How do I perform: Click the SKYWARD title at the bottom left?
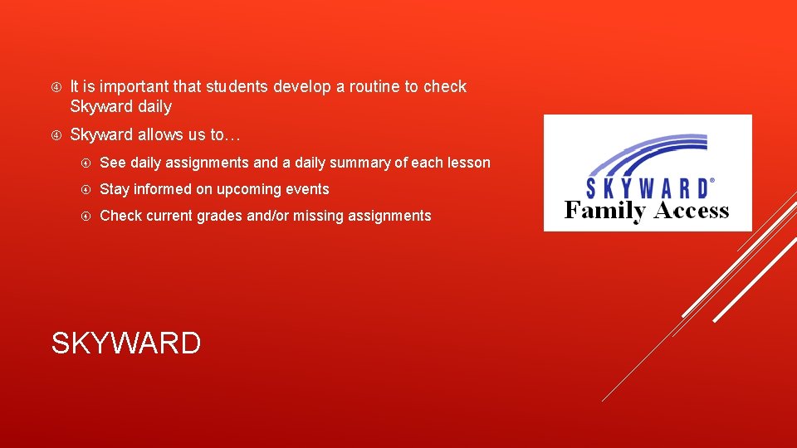tap(126, 343)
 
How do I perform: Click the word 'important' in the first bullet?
tap(138, 86)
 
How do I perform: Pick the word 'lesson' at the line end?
tap(467, 163)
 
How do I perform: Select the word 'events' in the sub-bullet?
tap(306, 189)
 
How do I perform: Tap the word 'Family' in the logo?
tap(604, 212)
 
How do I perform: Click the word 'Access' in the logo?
tap(691, 211)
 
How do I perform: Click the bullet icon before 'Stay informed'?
tap(86, 189)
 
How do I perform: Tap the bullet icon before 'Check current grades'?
tap(86, 216)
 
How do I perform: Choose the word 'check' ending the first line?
tap(445, 86)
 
